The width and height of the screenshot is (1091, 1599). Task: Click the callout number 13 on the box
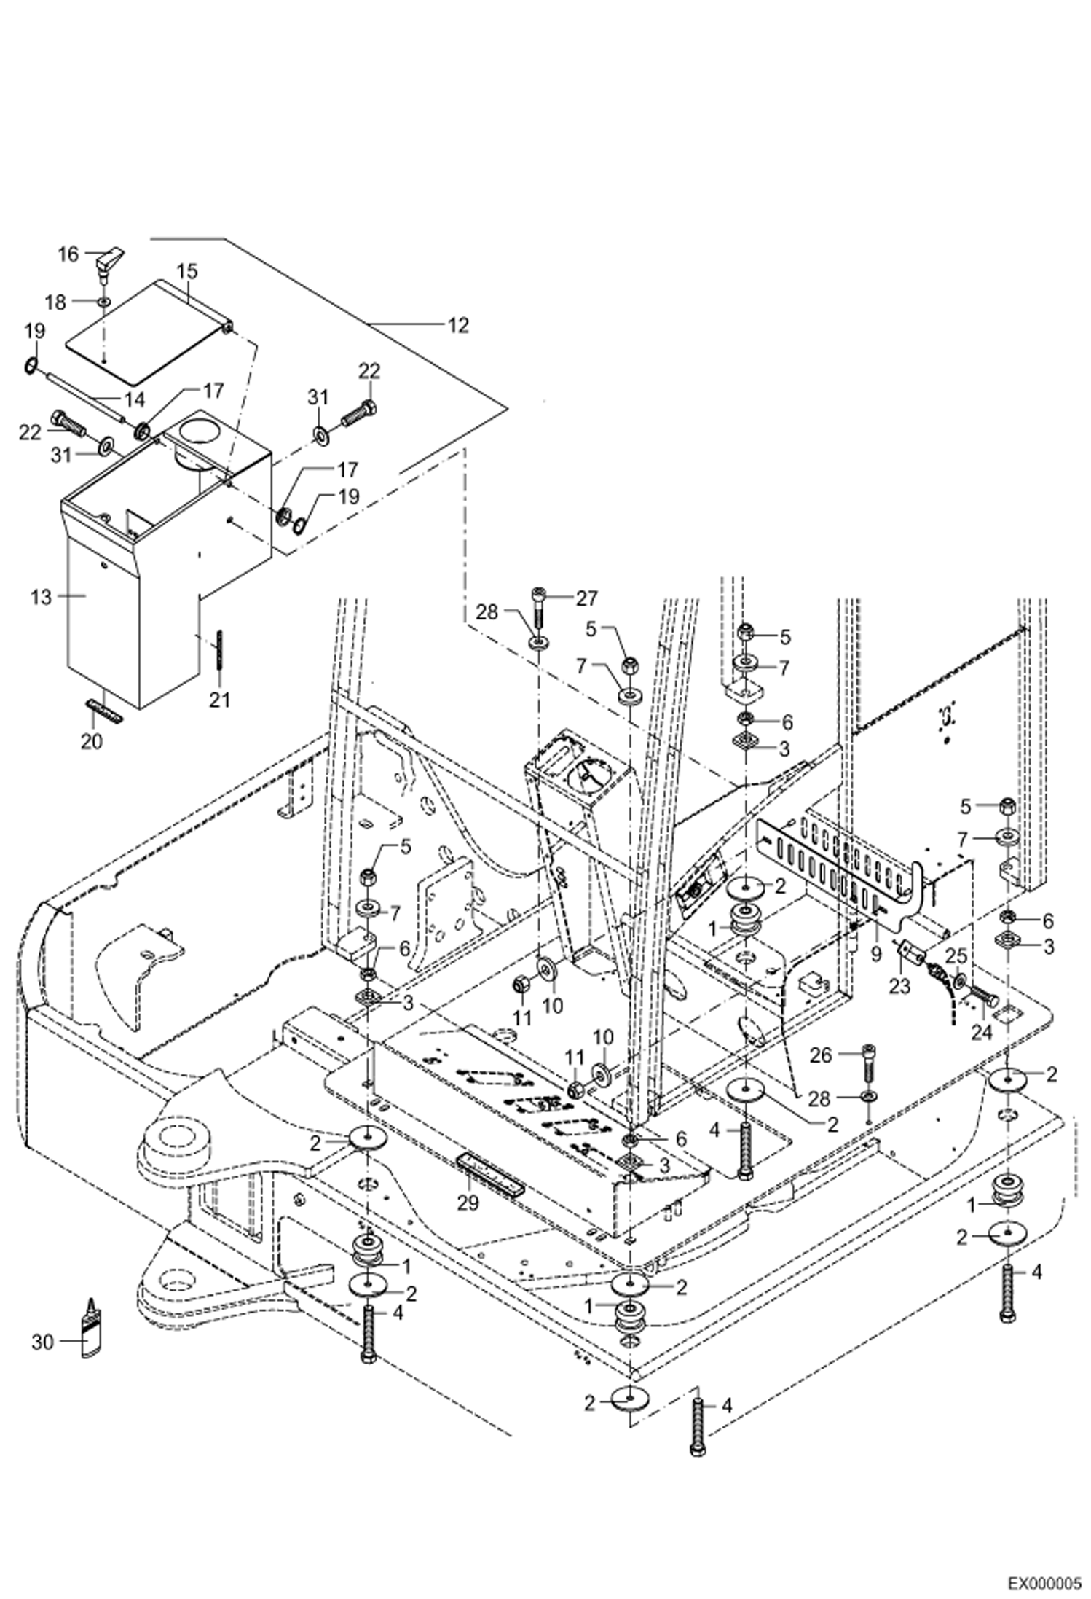tap(42, 597)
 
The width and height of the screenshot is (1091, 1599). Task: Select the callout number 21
tap(219, 700)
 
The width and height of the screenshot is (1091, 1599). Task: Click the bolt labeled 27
tap(538, 606)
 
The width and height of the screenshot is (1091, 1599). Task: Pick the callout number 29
tap(468, 1203)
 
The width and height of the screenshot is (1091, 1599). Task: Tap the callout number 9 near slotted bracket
tap(875, 952)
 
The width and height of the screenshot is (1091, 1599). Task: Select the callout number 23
tap(899, 986)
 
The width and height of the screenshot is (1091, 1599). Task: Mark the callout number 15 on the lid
tap(186, 272)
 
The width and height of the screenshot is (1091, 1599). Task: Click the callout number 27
tap(586, 598)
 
